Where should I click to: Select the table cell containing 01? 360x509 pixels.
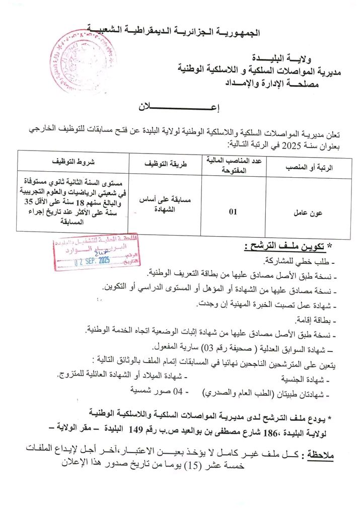point(233,212)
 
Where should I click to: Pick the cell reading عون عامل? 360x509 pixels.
point(308,212)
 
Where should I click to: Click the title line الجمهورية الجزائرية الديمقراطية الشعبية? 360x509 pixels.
point(174,31)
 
